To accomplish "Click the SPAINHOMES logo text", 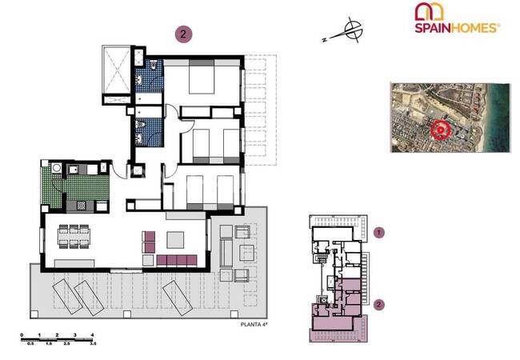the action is [x=457, y=28].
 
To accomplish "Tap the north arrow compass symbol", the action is [x=352, y=30].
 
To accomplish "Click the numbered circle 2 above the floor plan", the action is [x=183, y=34].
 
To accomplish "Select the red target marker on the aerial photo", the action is [x=441, y=130].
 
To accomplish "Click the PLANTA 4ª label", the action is [x=254, y=325].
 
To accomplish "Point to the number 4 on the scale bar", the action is [x=92, y=335].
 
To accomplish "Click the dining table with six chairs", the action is [x=74, y=236].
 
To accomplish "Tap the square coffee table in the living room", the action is [x=175, y=240].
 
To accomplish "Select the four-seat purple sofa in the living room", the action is [x=177, y=260].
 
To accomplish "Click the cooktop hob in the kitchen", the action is [x=82, y=206].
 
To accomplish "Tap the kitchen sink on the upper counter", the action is [x=74, y=170].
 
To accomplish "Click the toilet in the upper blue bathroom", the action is [x=154, y=65].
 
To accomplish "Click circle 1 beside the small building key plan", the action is [x=378, y=232].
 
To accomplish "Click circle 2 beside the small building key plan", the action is [x=378, y=305].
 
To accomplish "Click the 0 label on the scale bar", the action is [x=22, y=335].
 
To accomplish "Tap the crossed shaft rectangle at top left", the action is [x=117, y=70].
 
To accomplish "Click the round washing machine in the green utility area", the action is [x=56, y=168].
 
